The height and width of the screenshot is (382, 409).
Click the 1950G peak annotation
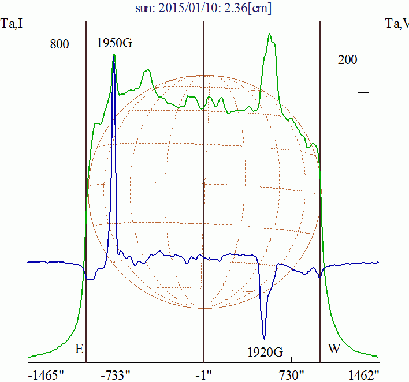114,43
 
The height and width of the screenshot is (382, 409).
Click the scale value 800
60,44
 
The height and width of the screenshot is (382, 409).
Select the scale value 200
347,59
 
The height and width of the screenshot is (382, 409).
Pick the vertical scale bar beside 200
363,59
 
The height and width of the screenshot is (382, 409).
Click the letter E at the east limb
79,349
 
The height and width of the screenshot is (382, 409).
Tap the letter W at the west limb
334,349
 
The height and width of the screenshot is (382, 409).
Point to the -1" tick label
204,374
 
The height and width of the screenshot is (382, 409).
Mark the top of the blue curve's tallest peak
114,56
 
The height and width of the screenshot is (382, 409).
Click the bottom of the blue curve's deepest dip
264,338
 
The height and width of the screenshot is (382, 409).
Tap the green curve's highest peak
269,33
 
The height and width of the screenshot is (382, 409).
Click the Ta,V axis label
397,24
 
